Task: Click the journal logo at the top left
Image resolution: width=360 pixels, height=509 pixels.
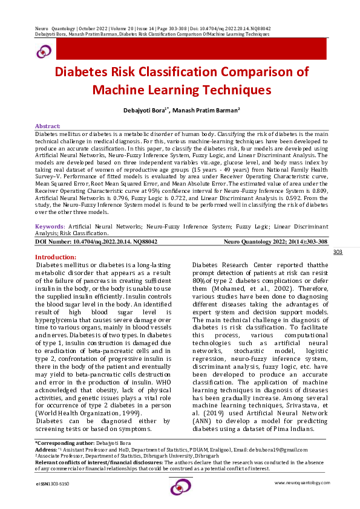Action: coord(44,53)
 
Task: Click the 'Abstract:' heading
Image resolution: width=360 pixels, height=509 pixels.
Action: coord(48,125)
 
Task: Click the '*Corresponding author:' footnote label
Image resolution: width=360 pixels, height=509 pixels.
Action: coord(62,444)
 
